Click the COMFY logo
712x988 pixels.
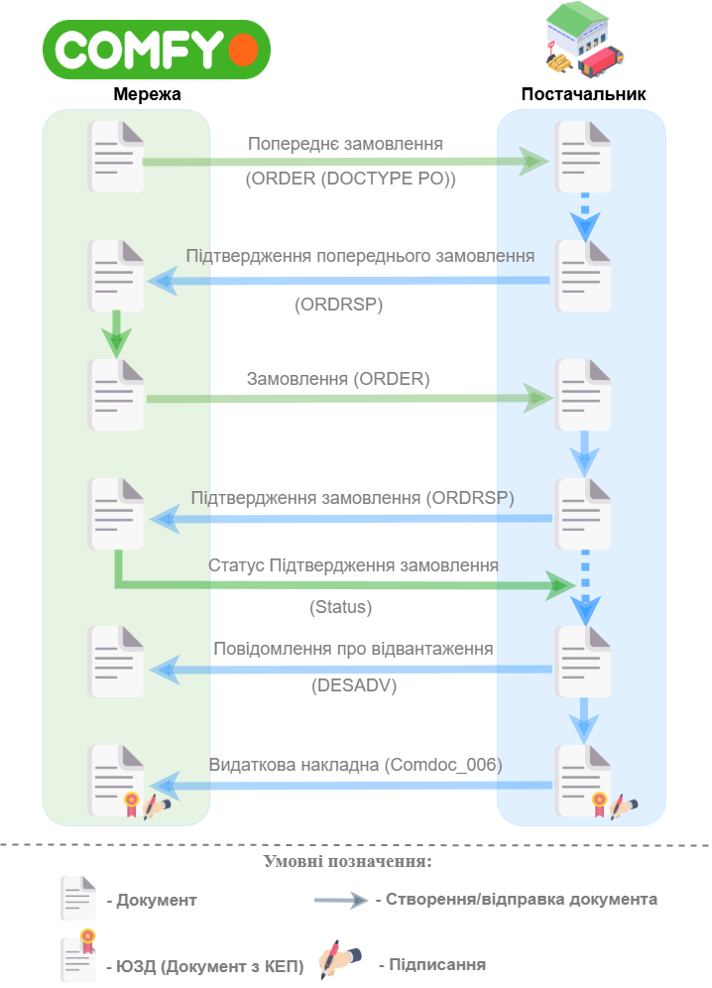157,50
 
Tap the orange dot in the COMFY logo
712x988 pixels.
243,50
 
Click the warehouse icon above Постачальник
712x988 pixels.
583,40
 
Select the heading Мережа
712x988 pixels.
147,94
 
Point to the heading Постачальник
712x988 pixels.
583,94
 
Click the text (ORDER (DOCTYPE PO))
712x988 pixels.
350,179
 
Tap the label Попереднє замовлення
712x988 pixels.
345,144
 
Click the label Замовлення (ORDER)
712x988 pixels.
338,379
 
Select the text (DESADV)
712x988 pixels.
354,684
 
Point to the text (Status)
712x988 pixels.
341,607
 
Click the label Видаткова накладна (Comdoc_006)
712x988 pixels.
356,765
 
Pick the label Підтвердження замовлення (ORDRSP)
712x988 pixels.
353,498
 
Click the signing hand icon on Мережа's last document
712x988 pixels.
157,805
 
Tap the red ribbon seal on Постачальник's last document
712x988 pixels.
599,804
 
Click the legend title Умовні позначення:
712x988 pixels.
348,861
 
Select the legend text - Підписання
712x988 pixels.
432,964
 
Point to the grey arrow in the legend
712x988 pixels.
341,900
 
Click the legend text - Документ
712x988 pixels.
152,900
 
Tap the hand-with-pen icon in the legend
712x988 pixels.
339,959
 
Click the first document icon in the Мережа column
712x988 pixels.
117,157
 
